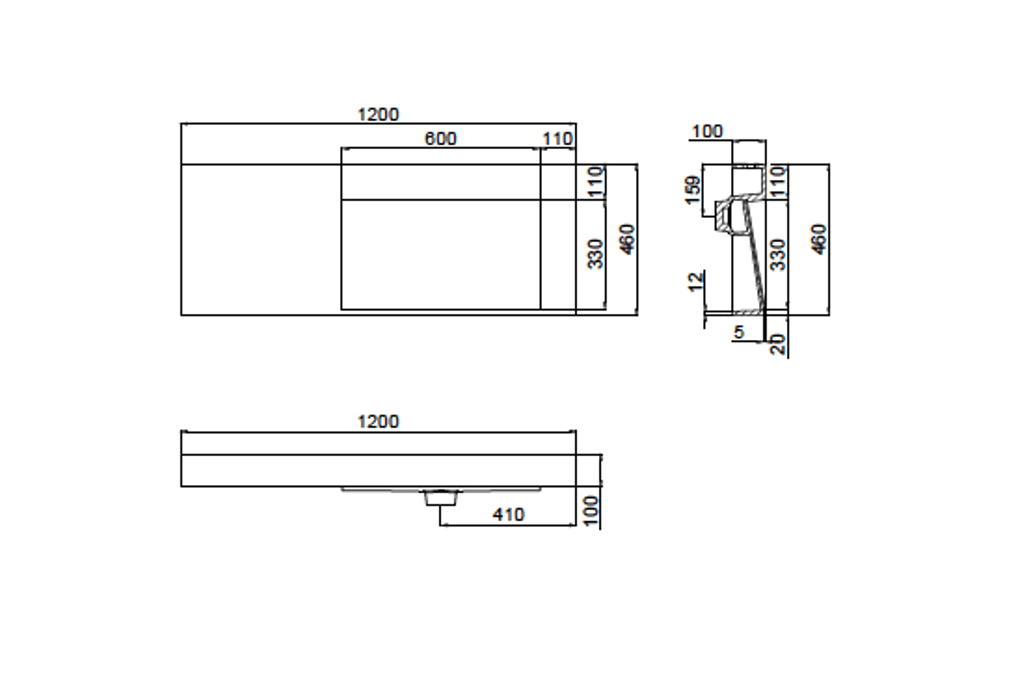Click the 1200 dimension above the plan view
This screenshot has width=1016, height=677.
point(378,115)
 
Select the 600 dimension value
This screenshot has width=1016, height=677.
point(440,139)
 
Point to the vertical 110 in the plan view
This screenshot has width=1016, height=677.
point(596,182)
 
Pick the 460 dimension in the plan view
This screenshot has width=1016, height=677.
point(627,240)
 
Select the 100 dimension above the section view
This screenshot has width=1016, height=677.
point(707,132)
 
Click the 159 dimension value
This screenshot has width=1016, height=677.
point(693,190)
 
